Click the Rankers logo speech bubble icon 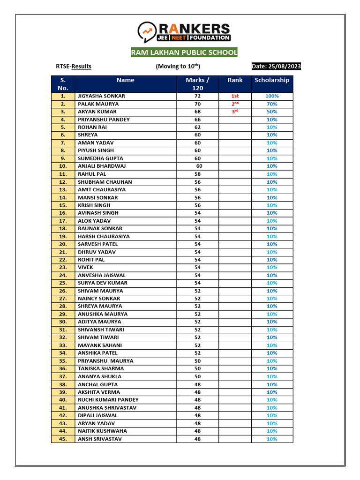tap(147, 31)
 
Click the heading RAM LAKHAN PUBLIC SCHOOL tap(184, 52)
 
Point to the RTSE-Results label tap(74, 67)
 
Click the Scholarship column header tap(272, 80)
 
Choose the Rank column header tap(235, 80)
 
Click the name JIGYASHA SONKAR tap(101, 96)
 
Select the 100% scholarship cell tap(272, 96)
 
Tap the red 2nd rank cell tap(235, 104)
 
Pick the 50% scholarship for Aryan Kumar tap(272, 112)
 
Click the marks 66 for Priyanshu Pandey tap(197, 120)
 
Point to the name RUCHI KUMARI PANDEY tap(108, 400)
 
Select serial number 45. tap(63, 439)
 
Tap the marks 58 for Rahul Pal tap(197, 174)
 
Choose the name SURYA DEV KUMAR tap(102, 283)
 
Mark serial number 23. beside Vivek tap(63, 267)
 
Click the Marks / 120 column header tap(197, 84)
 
